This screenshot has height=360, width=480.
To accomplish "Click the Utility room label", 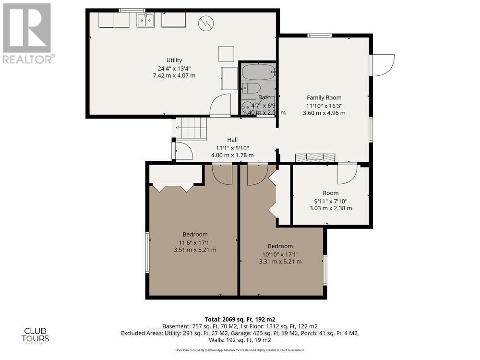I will click(174, 60).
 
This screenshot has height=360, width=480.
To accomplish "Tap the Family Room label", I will click(324, 97).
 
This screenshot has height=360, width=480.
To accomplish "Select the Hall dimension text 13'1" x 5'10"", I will click(232, 148).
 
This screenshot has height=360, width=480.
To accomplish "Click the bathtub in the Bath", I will click(258, 73).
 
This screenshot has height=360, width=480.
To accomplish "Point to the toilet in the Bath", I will click(251, 88).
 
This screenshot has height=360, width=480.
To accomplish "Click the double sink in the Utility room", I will click(145, 20).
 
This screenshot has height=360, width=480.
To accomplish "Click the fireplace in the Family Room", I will click(315, 157).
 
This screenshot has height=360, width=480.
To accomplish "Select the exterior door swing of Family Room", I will click(383, 65).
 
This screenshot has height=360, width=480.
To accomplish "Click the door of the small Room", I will click(347, 174).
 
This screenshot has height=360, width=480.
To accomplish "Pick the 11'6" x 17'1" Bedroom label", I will click(194, 234).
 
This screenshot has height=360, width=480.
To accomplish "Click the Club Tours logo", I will click(36, 335).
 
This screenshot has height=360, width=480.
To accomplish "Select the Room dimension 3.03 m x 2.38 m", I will click(330, 208).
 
